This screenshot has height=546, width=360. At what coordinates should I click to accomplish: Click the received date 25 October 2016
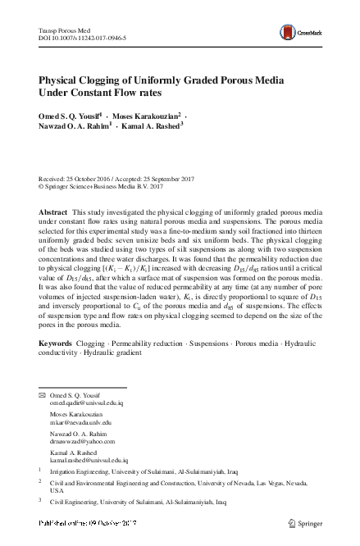90,178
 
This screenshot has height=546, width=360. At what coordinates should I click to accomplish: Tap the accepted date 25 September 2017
185,178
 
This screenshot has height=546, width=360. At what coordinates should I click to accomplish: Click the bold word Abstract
54,212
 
